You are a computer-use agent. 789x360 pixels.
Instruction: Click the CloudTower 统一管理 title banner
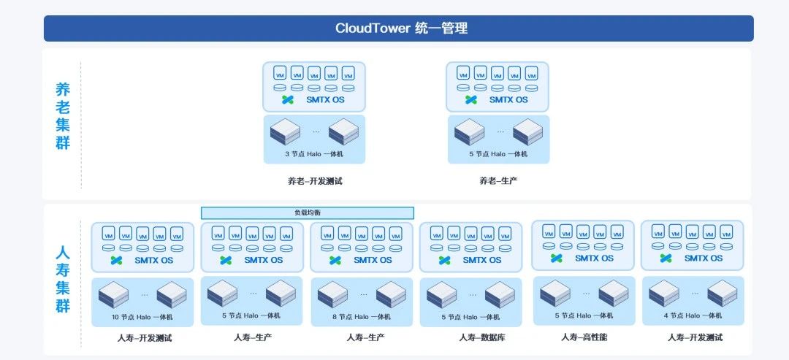click(x=399, y=28)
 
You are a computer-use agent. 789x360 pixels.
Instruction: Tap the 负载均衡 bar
click(x=308, y=212)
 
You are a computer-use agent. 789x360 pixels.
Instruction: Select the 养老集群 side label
click(x=63, y=116)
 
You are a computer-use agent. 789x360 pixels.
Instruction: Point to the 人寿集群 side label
click(x=63, y=279)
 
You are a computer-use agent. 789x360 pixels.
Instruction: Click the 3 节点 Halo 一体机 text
click(x=314, y=154)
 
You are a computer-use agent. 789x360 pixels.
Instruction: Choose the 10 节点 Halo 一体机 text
click(x=142, y=316)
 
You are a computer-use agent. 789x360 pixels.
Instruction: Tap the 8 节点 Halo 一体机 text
click(x=362, y=316)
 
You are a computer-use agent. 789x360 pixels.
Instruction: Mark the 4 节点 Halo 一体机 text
click(x=693, y=315)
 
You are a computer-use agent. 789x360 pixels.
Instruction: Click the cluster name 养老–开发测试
click(x=314, y=181)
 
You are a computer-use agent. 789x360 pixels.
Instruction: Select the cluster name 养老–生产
click(x=498, y=181)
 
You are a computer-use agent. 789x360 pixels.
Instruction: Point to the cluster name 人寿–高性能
click(x=584, y=337)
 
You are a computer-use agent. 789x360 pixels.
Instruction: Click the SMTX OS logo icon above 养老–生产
click(x=471, y=99)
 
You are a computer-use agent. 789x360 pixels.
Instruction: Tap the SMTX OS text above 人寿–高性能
click(x=594, y=258)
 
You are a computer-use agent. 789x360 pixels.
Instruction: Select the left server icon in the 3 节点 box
click(x=285, y=132)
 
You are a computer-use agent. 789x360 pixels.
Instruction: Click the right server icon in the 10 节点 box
click(x=172, y=294)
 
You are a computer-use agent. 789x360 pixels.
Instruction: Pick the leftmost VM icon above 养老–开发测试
click(x=280, y=74)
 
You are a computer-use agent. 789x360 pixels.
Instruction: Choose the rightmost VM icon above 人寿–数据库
click(x=505, y=234)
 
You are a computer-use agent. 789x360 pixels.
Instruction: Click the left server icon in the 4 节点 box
click(x=663, y=293)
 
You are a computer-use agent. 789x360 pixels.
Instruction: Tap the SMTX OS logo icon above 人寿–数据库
click(x=445, y=260)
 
